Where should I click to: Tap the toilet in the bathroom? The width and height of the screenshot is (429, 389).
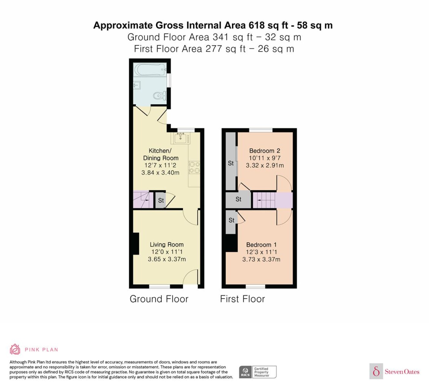[x=160, y=96]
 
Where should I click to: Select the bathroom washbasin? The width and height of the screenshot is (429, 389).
[x=137, y=85]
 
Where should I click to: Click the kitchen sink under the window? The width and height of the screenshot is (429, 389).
[x=180, y=138]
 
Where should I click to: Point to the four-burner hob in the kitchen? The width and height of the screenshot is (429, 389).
[x=194, y=168]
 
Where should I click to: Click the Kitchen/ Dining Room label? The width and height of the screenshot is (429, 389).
[x=161, y=154]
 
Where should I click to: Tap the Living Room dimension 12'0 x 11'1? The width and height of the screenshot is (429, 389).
[x=167, y=252]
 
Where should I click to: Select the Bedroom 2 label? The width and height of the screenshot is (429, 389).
[x=264, y=151]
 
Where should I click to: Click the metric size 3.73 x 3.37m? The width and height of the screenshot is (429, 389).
[x=261, y=259]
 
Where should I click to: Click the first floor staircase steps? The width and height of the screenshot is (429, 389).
[x=264, y=200]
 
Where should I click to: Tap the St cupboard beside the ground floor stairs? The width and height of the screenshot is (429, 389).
[x=160, y=200]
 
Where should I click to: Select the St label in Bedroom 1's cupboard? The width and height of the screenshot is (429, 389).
[x=231, y=220]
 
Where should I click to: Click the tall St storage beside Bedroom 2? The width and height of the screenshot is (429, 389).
[x=231, y=161]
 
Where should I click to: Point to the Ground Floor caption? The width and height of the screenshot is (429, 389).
[x=159, y=299]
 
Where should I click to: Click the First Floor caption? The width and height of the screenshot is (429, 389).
[x=242, y=299]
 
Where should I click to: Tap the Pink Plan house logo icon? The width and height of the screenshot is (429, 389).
[x=15, y=349]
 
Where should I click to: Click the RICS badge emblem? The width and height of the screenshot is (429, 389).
[x=245, y=372]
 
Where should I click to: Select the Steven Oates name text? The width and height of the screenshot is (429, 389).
[x=402, y=372]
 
